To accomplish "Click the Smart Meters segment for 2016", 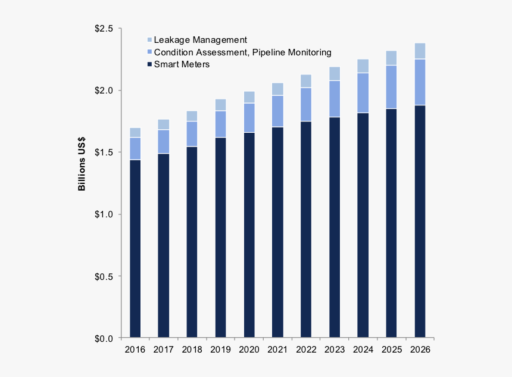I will [135, 248].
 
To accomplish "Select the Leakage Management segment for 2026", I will [420, 51].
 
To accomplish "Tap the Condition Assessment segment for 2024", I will [363, 93].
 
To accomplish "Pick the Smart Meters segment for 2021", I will [277, 232].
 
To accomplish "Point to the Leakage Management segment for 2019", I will [221, 105].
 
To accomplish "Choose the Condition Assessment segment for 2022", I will [306, 105].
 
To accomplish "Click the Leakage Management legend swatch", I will [149, 40].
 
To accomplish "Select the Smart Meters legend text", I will [182, 64].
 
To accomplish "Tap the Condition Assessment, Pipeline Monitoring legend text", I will [242, 52].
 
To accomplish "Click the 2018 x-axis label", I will [192, 350].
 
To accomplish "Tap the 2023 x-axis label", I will [335, 350].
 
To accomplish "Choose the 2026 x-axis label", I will [420, 350].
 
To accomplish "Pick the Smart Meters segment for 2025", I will [392, 223].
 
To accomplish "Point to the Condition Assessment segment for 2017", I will [164, 142].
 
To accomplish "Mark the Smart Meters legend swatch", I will [149, 64].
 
